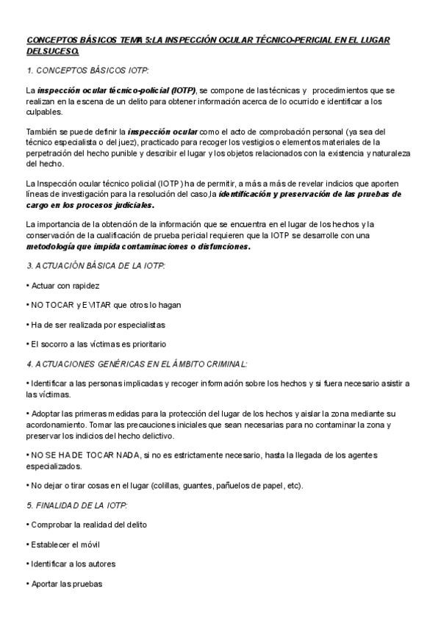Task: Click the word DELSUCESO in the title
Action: [51, 52]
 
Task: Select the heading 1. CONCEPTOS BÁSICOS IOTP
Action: [87, 71]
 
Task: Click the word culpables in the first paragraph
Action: [43, 112]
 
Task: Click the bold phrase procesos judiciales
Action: [112, 206]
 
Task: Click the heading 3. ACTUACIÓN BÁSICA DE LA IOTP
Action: [96, 266]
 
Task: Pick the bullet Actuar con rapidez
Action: [64, 285]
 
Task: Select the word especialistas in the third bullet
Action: [137, 324]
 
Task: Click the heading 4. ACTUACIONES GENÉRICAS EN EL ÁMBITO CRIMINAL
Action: [137, 364]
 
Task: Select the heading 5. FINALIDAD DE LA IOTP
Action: [76, 505]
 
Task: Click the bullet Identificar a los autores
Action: [72, 564]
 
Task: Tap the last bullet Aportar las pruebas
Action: [65, 584]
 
